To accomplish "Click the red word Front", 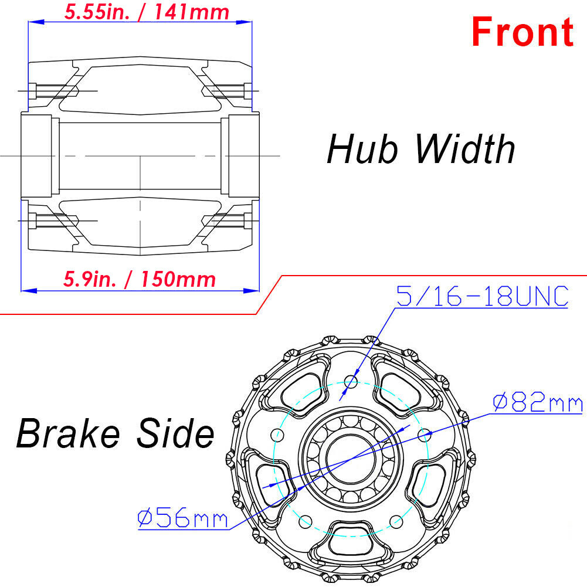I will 522,32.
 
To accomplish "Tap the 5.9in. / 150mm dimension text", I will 140,279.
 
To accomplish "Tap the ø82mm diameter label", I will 538,403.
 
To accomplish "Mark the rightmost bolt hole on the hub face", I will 425,435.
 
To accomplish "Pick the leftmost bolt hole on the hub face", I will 277,435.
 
